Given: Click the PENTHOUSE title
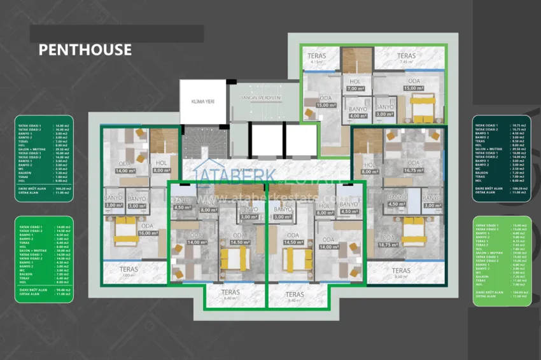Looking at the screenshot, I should pos(85,50).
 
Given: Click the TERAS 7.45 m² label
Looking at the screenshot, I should pos(407,59).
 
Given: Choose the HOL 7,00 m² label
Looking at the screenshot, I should pos(355,85).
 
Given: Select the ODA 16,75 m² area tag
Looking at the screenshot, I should pos(414,167).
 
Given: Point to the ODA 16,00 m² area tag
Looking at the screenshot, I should pos(147,229).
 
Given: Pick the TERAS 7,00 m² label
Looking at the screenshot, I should pos(129,272).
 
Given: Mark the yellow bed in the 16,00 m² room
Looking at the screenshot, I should pos(126,232).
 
